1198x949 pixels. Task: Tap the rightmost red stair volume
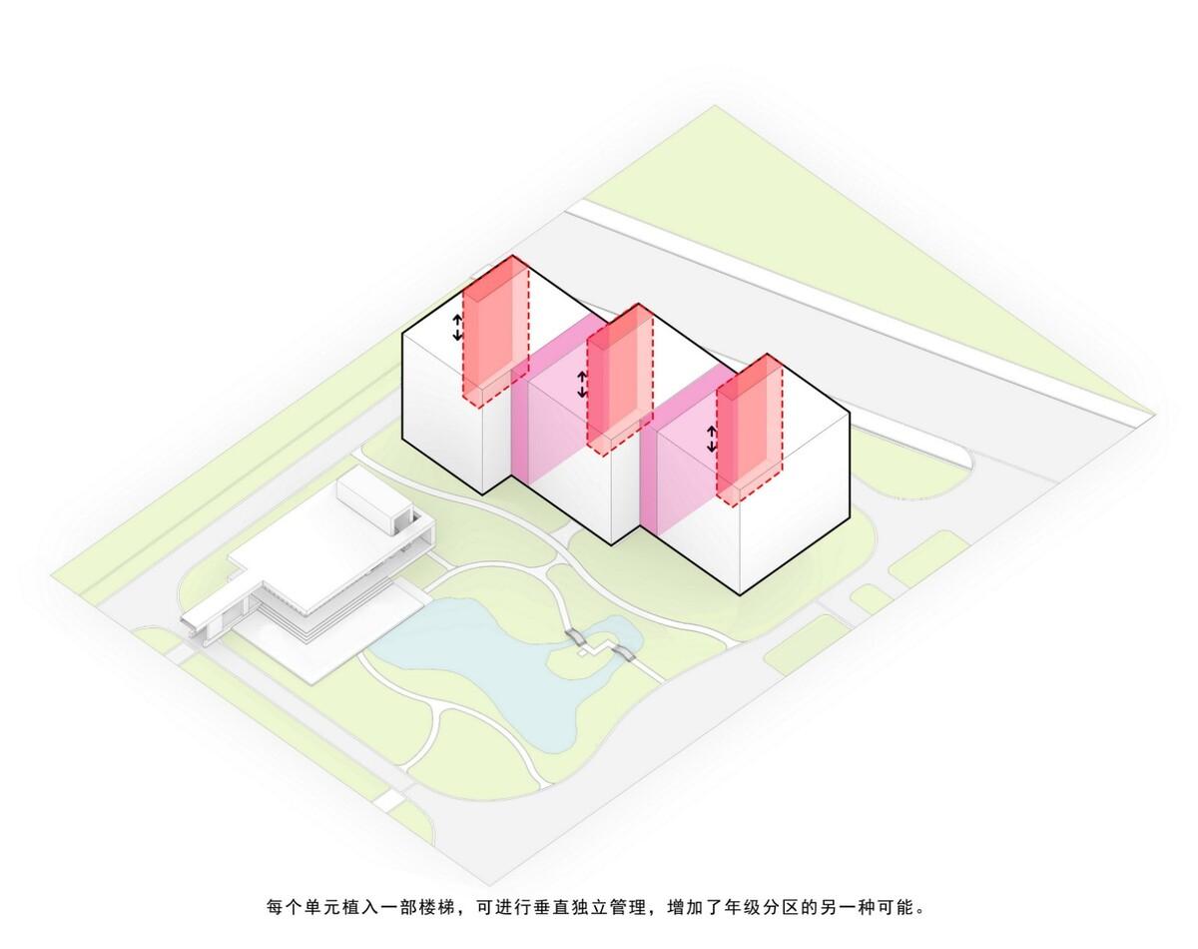[x=750, y=431]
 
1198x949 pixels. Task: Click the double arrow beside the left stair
[x=457, y=328]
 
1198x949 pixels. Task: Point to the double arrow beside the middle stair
[x=582, y=385]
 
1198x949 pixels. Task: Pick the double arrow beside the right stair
[x=712, y=439]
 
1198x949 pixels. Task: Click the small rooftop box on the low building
[x=374, y=501]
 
